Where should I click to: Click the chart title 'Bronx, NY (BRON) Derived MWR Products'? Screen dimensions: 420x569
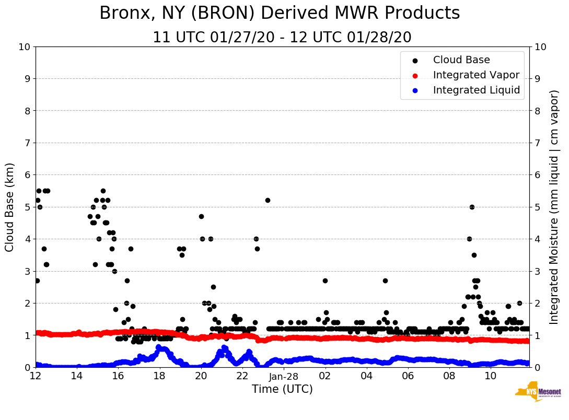point(280,13)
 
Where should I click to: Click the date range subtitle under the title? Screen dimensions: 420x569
point(282,38)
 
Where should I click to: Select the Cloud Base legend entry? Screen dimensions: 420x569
point(461,60)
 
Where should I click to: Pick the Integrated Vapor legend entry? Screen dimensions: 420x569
point(476,75)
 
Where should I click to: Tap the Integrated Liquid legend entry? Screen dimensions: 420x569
point(476,90)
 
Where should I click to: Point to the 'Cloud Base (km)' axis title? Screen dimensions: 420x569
point(10,207)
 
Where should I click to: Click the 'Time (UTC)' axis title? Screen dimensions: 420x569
point(282,389)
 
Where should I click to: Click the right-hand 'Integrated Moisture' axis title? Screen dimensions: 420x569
point(554,207)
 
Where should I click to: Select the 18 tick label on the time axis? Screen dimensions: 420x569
point(159,376)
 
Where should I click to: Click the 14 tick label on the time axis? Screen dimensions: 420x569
point(77,376)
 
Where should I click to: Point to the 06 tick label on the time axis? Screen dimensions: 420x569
point(408,376)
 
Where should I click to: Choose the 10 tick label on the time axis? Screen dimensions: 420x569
point(491,376)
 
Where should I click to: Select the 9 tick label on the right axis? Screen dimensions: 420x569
point(537,79)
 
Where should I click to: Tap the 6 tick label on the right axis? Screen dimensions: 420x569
point(537,175)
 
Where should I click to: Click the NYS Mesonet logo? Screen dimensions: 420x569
point(538,392)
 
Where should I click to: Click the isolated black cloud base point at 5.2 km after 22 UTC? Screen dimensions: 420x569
point(268,200)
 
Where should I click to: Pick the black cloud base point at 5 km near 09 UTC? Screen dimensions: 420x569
point(472,207)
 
